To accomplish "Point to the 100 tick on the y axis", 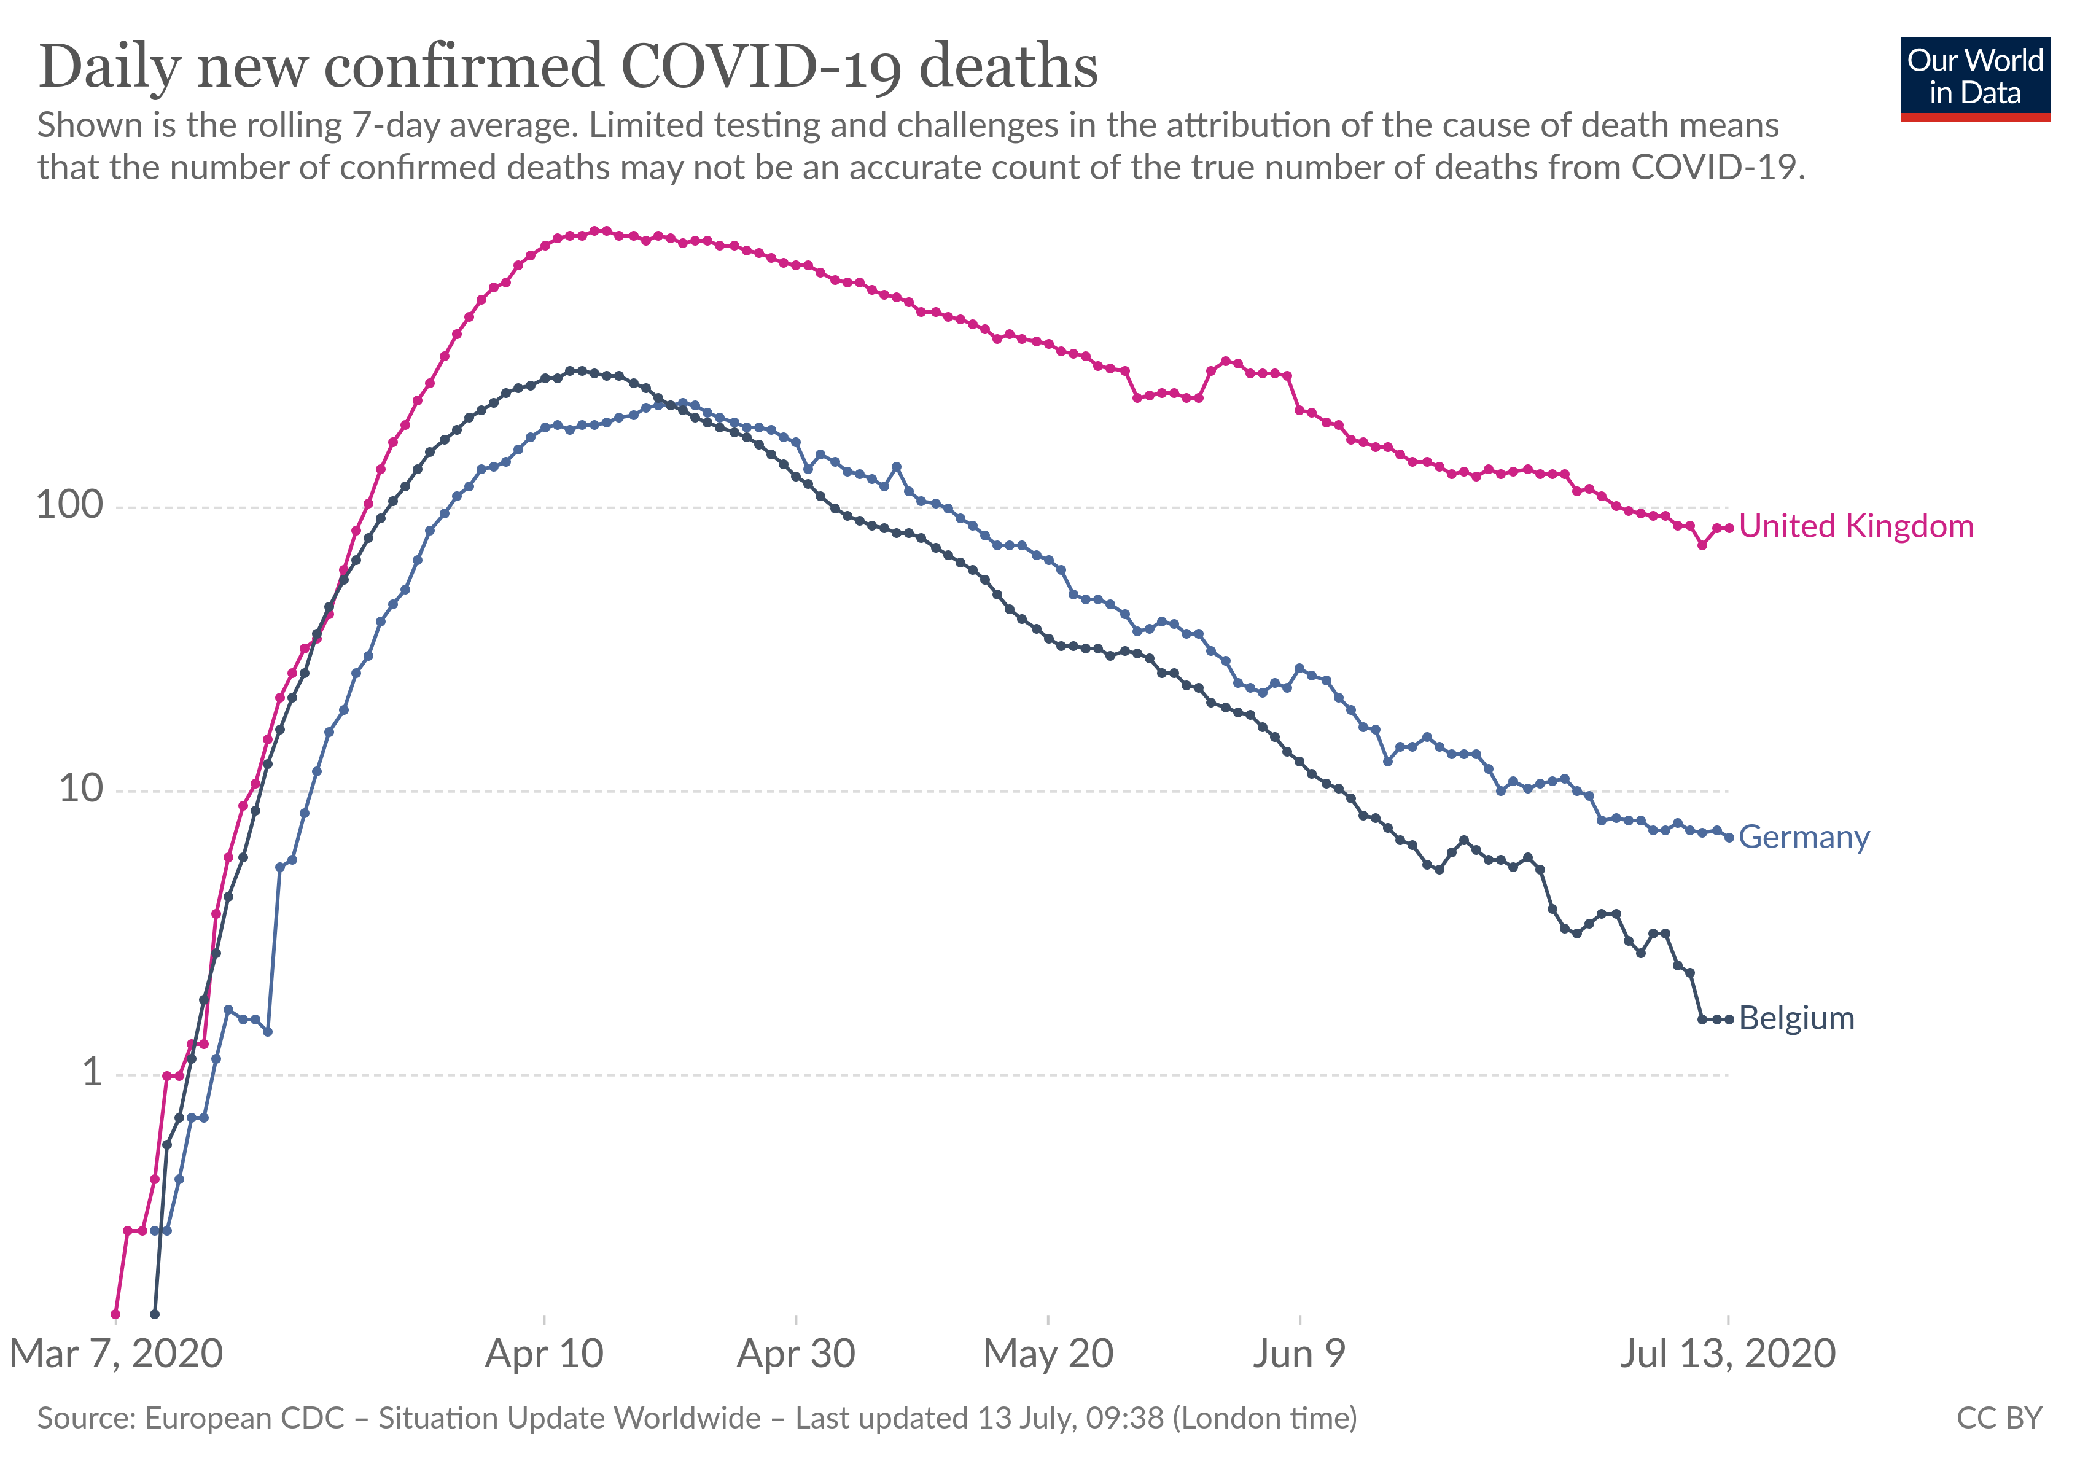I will (x=70, y=505).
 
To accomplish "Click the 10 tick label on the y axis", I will (x=81, y=789).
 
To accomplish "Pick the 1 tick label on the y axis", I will (x=92, y=1073).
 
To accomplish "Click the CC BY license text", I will (x=1999, y=1419).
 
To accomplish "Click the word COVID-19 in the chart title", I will (x=761, y=68).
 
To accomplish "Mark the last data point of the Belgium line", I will (x=1729, y=1020).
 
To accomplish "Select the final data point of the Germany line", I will (x=1729, y=838).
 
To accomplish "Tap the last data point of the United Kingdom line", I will (x=1729, y=528).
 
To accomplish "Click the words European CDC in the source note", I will (x=244, y=1419).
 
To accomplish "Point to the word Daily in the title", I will (x=109, y=68).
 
